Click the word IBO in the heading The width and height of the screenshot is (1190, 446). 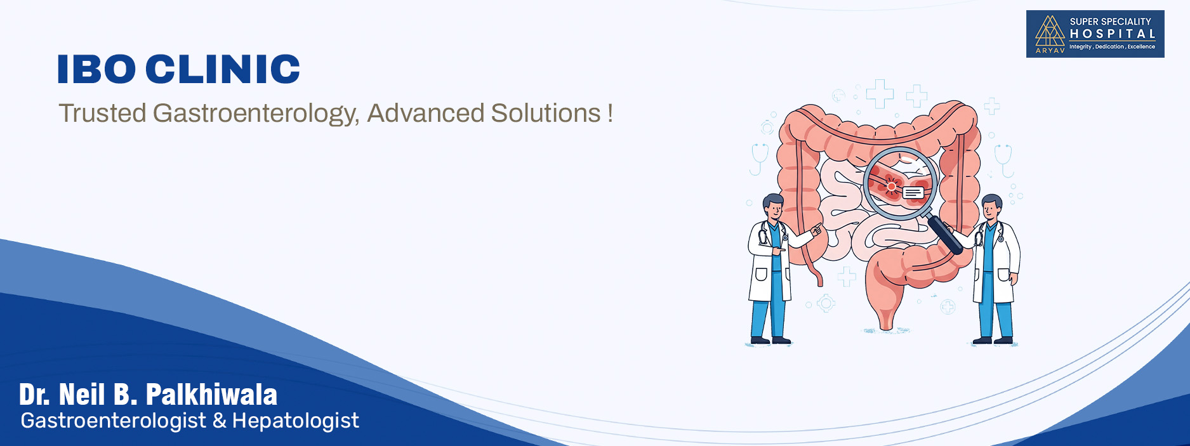(96, 69)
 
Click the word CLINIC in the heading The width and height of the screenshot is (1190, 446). (223, 69)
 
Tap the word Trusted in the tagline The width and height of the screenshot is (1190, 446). (103, 113)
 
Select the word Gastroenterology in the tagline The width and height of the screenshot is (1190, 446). (256, 114)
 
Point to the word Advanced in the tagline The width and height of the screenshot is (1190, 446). (426, 113)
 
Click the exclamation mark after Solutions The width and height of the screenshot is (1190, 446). (610, 114)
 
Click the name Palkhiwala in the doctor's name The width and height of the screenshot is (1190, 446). (211, 395)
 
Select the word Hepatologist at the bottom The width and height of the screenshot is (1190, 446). (296, 421)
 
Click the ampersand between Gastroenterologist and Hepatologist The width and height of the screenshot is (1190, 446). (220, 421)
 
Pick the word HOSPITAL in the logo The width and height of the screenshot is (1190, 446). (1113, 34)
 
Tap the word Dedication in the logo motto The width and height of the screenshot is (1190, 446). (1109, 47)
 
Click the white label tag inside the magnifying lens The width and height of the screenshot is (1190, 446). (913, 192)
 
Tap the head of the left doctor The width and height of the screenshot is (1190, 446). (773, 207)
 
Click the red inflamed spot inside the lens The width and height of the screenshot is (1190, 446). (891, 185)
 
